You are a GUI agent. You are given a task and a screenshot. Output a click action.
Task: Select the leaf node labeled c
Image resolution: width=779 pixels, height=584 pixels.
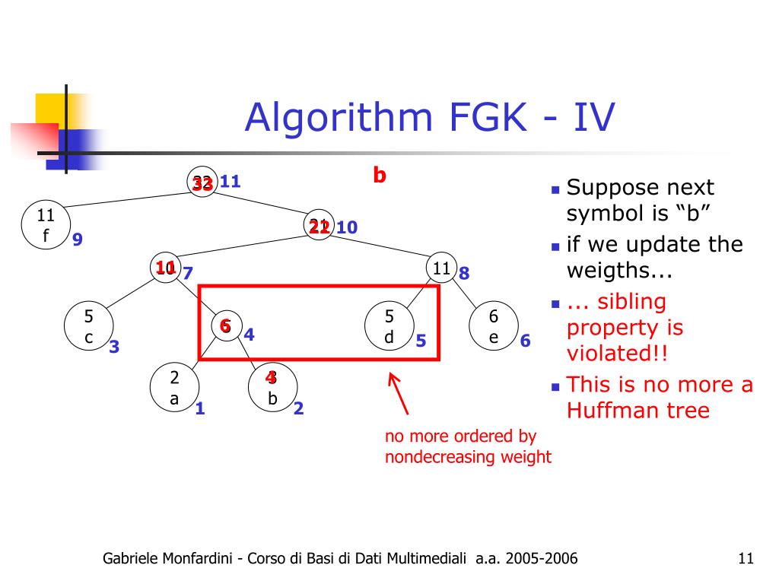click(x=88, y=328)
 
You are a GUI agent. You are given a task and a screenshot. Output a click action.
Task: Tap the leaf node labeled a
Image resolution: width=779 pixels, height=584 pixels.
click(x=174, y=388)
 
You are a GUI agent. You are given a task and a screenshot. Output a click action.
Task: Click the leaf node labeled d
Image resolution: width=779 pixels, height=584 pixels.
click(x=389, y=327)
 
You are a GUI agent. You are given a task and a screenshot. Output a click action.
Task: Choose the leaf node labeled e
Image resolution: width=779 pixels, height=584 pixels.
click(x=493, y=327)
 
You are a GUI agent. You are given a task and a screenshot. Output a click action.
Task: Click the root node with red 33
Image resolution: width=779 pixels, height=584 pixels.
click(x=202, y=182)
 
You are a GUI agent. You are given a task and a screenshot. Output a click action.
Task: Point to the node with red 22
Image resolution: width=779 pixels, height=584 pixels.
click(x=319, y=226)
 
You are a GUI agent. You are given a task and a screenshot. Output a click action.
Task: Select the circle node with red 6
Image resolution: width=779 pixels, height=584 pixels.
click(x=225, y=325)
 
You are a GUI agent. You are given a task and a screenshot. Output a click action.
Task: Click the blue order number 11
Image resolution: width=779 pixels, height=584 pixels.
click(x=230, y=182)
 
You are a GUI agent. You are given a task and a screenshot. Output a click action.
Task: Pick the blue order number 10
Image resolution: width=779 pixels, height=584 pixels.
click(x=347, y=227)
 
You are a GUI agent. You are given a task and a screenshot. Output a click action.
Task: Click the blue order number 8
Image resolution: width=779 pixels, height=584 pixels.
click(x=464, y=272)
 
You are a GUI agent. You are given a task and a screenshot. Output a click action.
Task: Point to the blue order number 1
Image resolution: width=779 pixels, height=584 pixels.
click(x=200, y=408)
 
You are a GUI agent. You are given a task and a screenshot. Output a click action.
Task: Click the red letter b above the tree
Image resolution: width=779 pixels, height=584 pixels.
click(x=380, y=176)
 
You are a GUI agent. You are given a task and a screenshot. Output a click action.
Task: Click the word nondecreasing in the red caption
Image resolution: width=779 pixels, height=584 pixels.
click(x=439, y=457)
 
